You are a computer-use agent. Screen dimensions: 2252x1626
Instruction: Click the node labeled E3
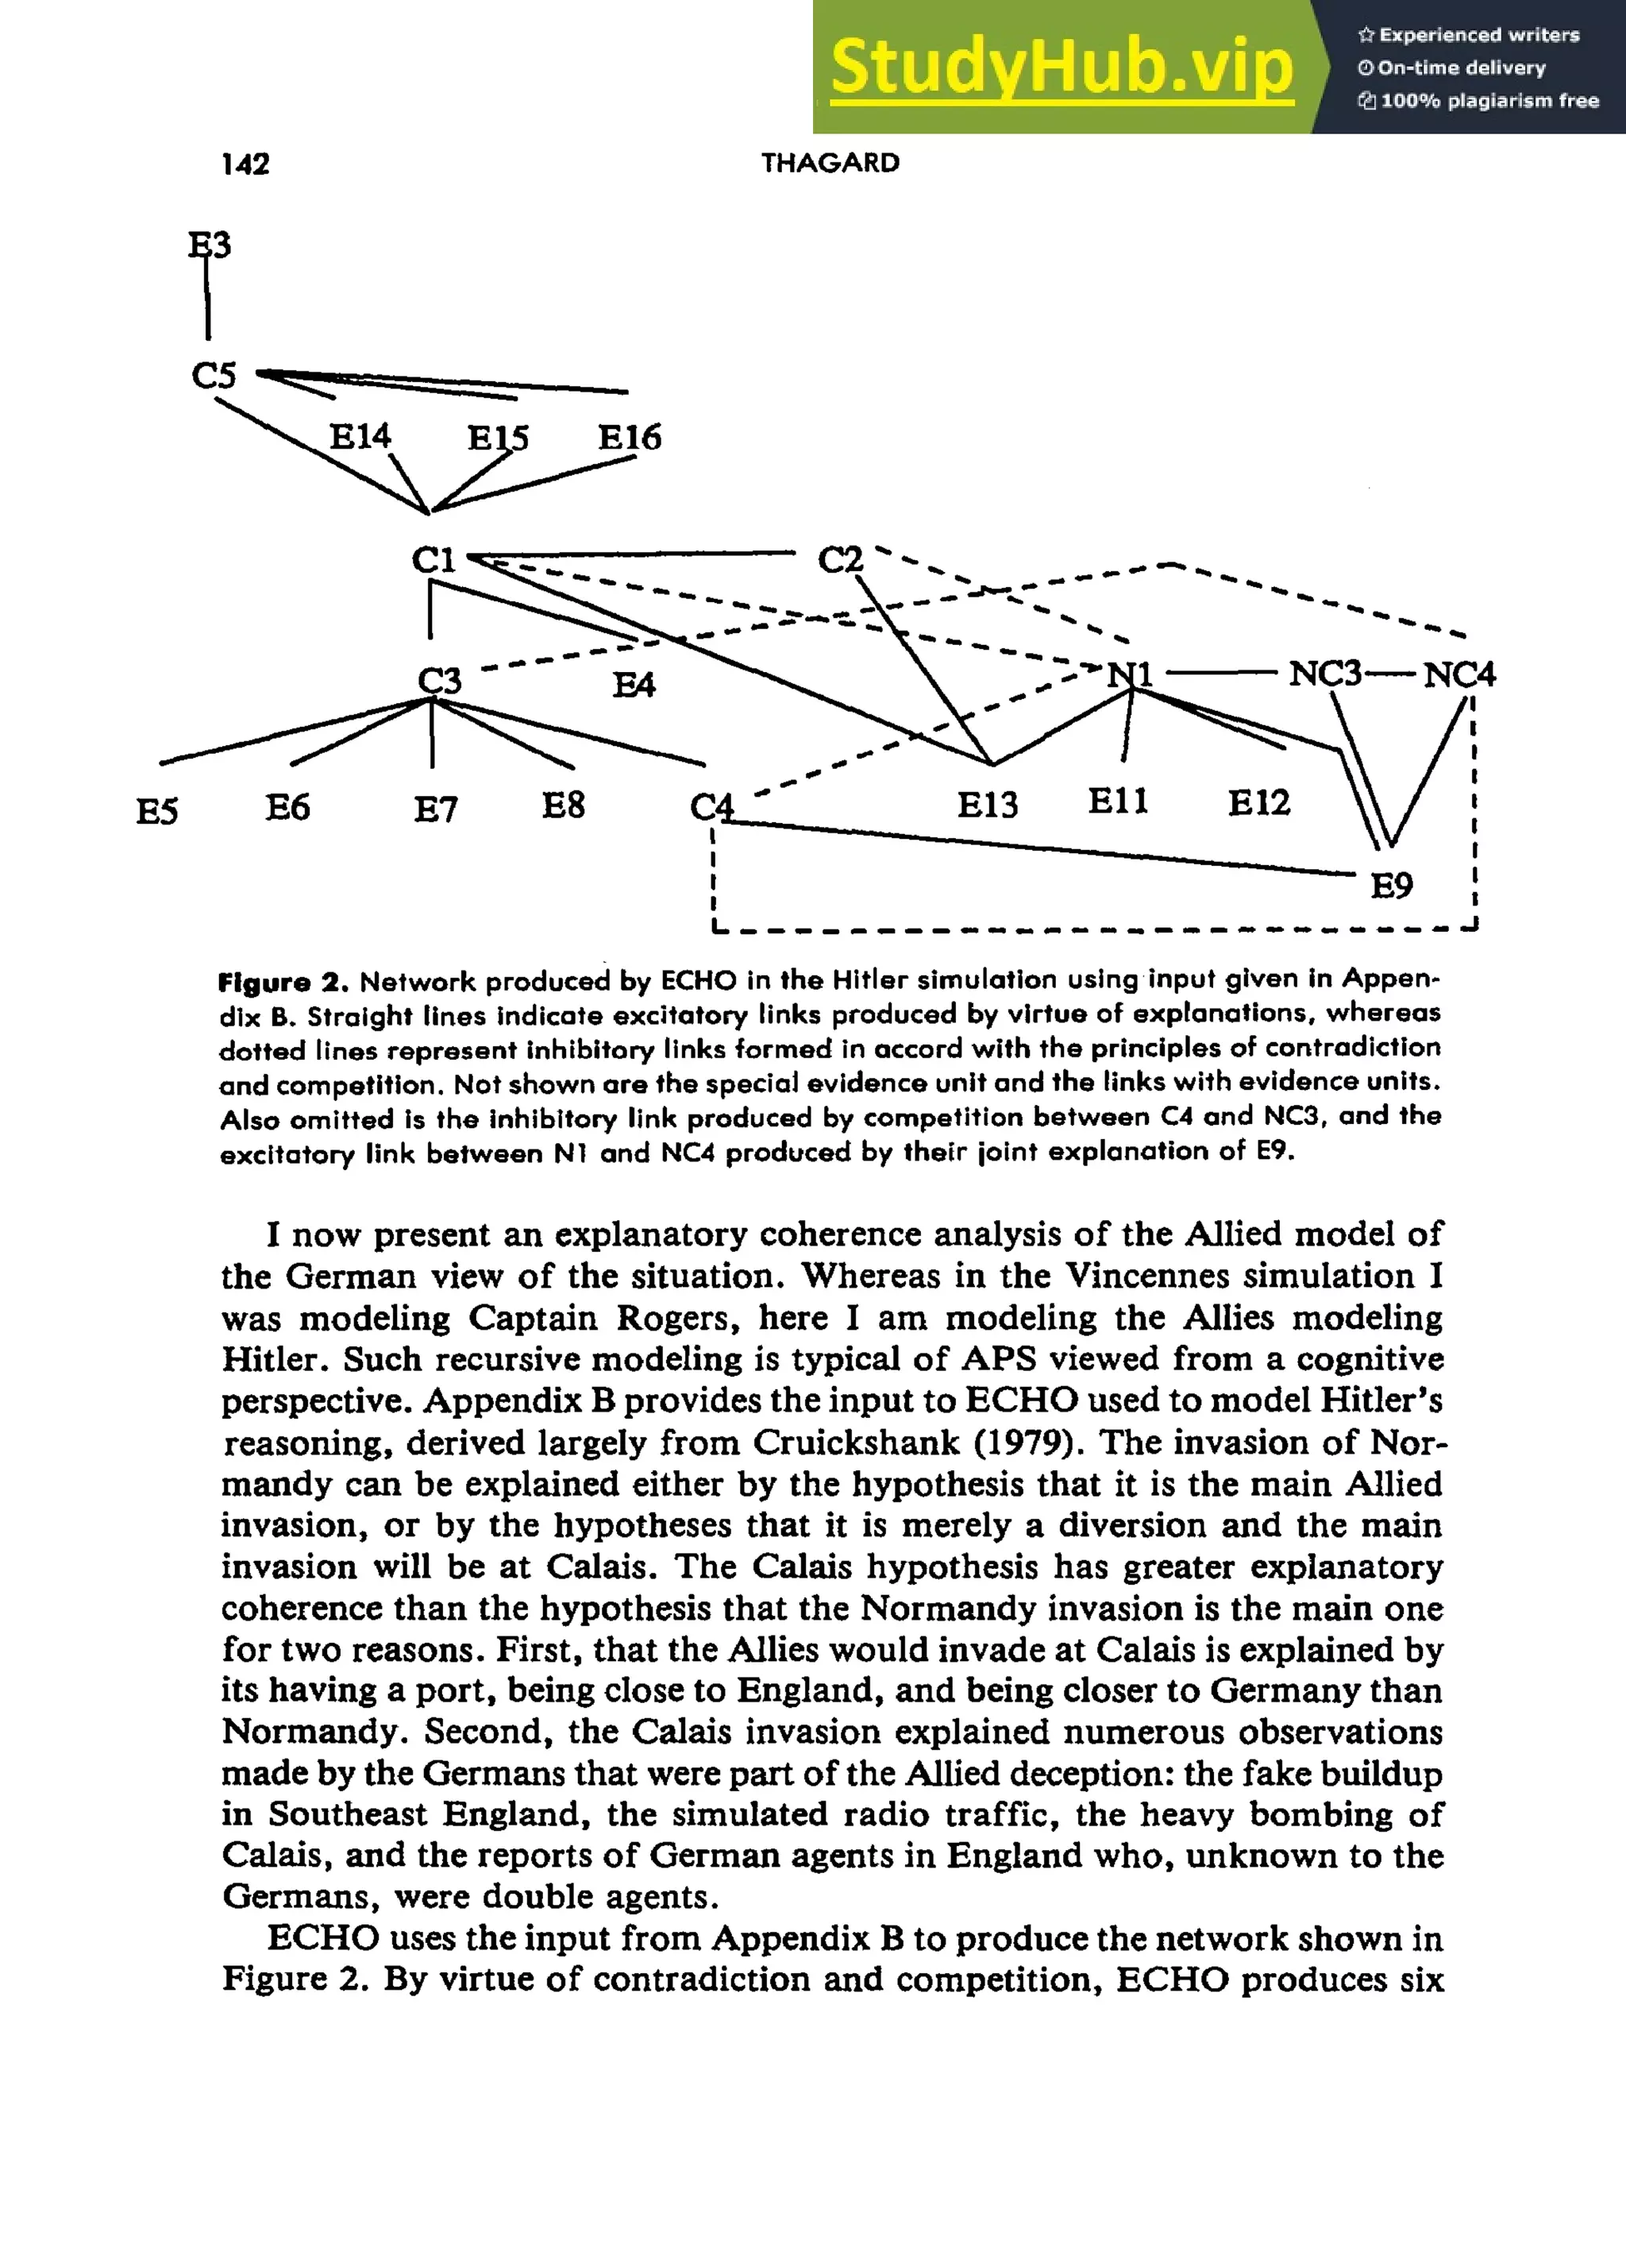pyautogui.click(x=210, y=245)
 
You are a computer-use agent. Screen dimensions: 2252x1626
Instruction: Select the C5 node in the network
pyautogui.click(x=214, y=375)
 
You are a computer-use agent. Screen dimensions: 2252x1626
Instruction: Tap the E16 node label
pyautogui.click(x=630, y=437)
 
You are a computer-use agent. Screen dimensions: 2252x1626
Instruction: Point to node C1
pyautogui.click(x=433, y=560)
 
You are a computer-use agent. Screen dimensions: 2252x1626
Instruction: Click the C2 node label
pyautogui.click(x=840, y=560)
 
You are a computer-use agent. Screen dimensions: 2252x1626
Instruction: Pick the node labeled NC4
pyautogui.click(x=1458, y=675)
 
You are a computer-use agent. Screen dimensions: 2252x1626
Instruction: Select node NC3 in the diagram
pyautogui.click(x=1324, y=674)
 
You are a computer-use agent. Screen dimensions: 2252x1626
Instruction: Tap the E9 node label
pyautogui.click(x=1391, y=885)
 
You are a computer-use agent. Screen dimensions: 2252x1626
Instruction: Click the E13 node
pyautogui.click(x=987, y=803)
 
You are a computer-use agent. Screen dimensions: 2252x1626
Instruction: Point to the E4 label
pyautogui.click(x=634, y=684)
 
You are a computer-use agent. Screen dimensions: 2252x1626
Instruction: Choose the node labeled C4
pyautogui.click(x=711, y=806)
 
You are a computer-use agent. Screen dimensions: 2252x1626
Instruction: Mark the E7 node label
pyautogui.click(x=435, y=809)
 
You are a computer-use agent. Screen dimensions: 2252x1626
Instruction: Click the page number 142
pyautogui.click(x=245, y=164)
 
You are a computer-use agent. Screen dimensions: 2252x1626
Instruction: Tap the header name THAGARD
pyautogui.click(x=830, y=163)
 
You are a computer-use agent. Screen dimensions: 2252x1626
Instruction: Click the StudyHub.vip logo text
pyautogui.click(x=1062, y=67)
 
